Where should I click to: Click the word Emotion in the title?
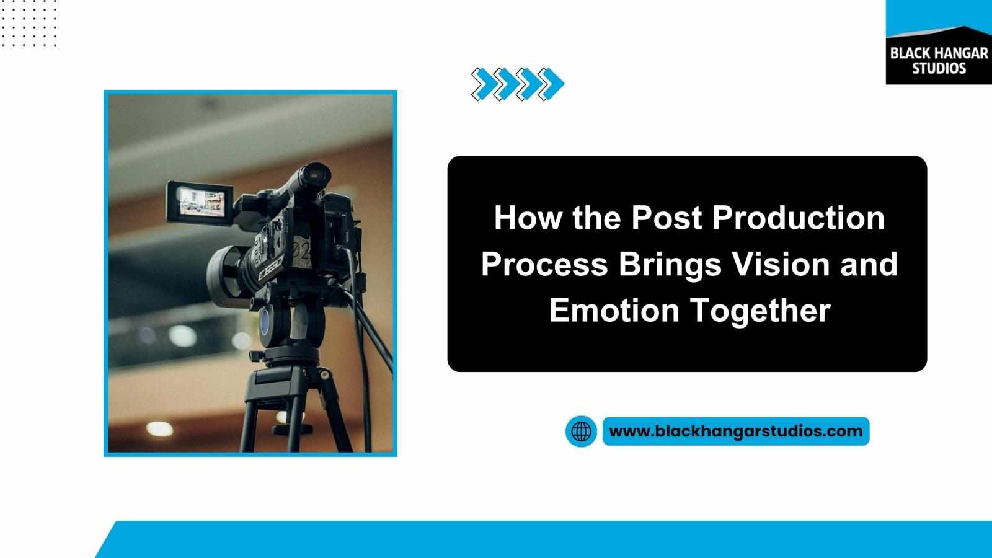click(614, 310)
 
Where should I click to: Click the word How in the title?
click(528, 218)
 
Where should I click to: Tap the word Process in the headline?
click(545, 264)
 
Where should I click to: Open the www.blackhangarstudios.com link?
click(736, 431)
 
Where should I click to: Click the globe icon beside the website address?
click(581, 432)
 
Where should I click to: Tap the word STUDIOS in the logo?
click(939, 69)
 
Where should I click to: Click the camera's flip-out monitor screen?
click(202, 201)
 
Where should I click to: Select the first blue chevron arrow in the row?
click(484, 84)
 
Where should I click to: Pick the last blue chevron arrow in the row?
click(551, 84)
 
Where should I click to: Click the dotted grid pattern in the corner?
click(29, 23)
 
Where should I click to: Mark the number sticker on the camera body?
click(302, 252)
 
